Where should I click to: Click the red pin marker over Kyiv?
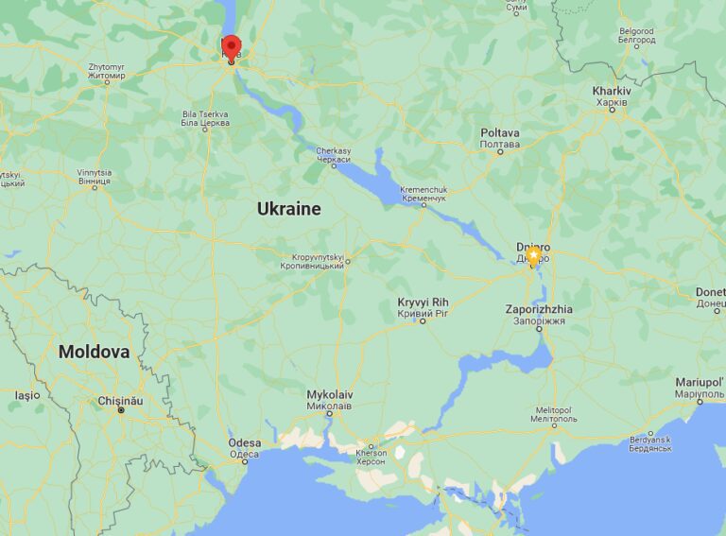click(x=231, y=47)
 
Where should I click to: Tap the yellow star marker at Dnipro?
click(x=533, y=255)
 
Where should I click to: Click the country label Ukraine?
click(x=288, y=209)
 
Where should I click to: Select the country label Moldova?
click(x=94, y=352)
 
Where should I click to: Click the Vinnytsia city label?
click(x=94, y=178)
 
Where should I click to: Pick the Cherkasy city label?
click(x=333, y=156)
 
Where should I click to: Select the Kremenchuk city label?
click(x=423, y=194)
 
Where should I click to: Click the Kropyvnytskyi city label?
click(x=312, y=261)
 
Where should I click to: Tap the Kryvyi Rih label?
click(x=422, y=307)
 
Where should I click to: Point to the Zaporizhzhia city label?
click(x=539, y=315)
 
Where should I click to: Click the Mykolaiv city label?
click(x=330, y=399)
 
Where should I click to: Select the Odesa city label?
click(x=244, y=448)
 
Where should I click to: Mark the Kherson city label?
click(x=371, y=458)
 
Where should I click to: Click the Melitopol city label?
click(x=554, y=414)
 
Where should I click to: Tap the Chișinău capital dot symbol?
click(x=120, y=410)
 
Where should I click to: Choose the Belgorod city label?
click(x=636, y=36)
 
